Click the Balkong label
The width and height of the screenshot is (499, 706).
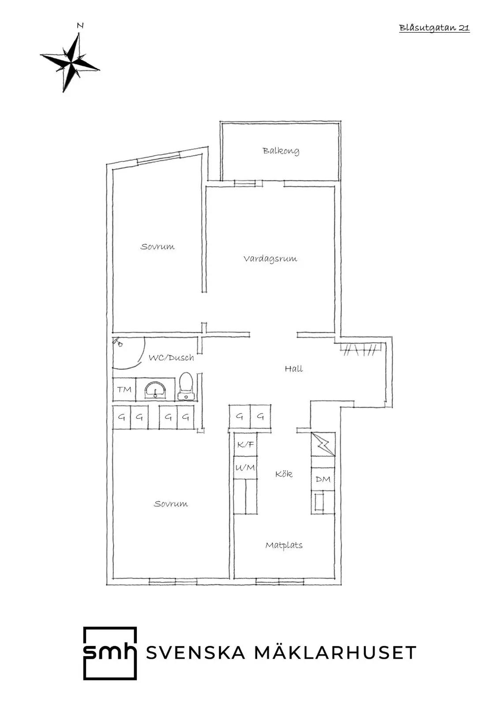(281, 151)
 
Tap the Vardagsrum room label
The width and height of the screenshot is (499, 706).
(270, 259)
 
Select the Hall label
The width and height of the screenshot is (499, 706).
(294, 368)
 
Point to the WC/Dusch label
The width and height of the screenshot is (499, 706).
(171, 358)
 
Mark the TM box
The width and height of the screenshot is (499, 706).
(124, 390)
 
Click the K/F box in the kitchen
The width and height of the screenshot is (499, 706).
(246, 444)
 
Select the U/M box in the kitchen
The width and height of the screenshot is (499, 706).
(246, 468)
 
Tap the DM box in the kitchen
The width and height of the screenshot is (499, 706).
(323, 479)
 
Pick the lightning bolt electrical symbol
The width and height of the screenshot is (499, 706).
(323, 444)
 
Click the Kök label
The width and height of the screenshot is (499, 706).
(284, 474)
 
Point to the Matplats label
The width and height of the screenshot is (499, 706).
(284, 545)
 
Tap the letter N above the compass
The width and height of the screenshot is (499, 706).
(80, 26)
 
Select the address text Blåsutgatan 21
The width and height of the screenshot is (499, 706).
(435, 28)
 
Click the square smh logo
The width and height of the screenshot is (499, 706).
(110, 653)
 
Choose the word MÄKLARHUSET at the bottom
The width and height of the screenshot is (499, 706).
(335, 653)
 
